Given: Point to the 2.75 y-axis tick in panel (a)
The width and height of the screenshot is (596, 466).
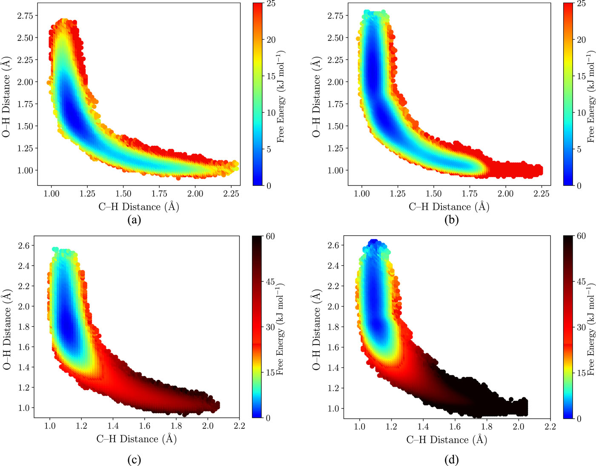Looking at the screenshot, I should click(x=25, y=15).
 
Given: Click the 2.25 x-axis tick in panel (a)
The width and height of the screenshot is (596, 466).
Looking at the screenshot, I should click(x=231, y=194).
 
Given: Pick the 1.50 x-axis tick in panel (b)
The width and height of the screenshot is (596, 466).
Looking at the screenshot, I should click(x=433, y=194).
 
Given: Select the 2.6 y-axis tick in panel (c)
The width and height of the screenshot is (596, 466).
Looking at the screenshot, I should click(x=24, y=246).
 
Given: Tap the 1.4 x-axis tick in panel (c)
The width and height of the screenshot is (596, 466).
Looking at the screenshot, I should click(x=113, y=425).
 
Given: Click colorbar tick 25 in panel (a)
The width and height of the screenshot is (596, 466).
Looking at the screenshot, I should click(x=271, y=4).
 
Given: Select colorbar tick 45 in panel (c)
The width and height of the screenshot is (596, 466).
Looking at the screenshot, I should click(x=271, y=282).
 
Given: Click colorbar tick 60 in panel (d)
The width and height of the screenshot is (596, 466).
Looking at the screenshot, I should click(x=581, y=236).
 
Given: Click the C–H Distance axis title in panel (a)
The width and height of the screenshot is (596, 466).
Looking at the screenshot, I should click(x=138, y=207).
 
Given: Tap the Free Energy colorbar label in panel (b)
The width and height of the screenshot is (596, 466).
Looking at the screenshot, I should click(x=591, y=97).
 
